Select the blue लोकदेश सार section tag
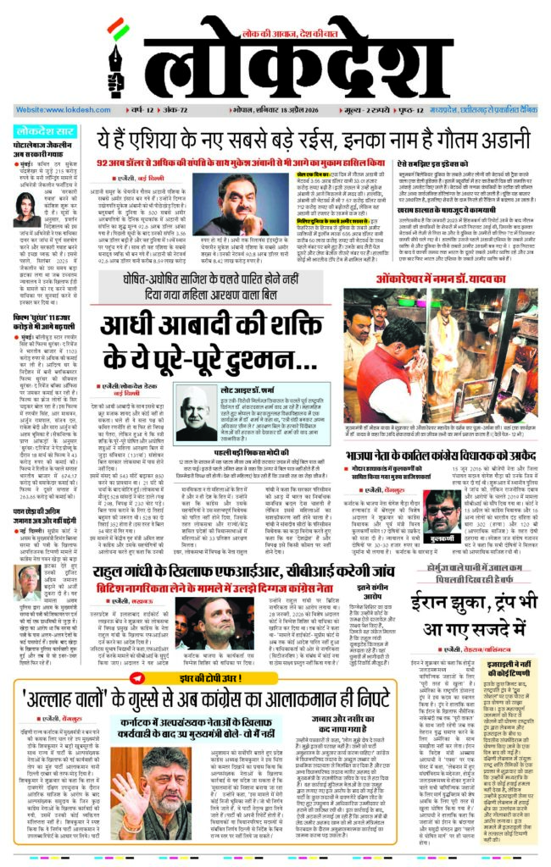coord(46,131)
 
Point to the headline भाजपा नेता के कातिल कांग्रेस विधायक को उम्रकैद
coord(454,479)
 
